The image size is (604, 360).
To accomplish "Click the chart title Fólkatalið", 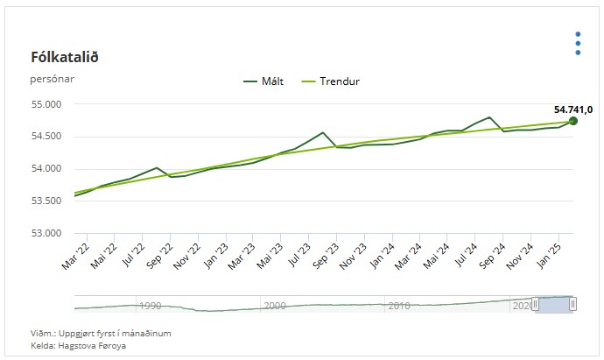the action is click(65, 58).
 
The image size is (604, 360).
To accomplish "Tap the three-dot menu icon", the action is click(578, 43).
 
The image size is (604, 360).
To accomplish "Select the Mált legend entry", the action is click(263, 81).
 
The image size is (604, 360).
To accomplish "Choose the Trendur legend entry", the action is click(331, 81).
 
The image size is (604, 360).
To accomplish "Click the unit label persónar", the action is click(52, 79).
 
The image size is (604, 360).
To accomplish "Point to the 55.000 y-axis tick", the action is click(46, 104).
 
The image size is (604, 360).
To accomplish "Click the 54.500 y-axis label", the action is click(46, 137).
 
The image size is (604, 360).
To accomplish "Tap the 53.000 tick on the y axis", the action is click(46, 233).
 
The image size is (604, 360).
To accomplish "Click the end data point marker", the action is click(573, 121).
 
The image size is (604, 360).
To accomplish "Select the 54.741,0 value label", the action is click(573, 109).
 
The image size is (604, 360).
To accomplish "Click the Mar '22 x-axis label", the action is click(75, 257).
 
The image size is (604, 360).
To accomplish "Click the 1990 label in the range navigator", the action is click(150, 306).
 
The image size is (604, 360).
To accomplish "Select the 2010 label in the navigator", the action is click(399, 306).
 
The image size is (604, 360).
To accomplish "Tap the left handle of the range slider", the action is click(535, 304).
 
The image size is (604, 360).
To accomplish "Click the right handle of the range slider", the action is click(572, 304).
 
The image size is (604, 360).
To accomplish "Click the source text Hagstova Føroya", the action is click(92, 346).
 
